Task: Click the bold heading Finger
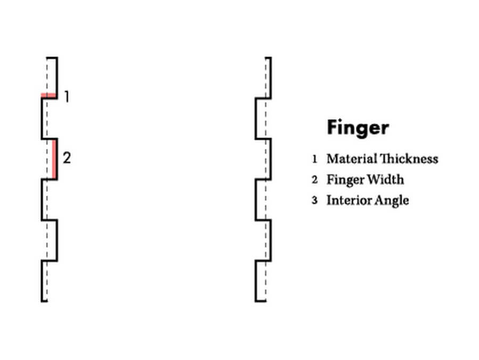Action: pos(357,128)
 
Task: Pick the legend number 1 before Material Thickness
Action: pos(315,159)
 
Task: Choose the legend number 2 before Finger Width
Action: pos(315,179)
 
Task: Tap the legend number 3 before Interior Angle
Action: pos(315,201)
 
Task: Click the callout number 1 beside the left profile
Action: pos(67,97)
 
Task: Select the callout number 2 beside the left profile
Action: pos(67,158)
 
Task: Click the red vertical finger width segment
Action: pos(55,159)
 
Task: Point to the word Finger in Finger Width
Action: pos(345,179)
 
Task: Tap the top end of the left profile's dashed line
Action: pos(47,58)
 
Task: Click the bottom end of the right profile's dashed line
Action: pos(266,301)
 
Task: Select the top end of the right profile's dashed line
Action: pos(266,58)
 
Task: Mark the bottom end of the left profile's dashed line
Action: pos(47,301)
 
